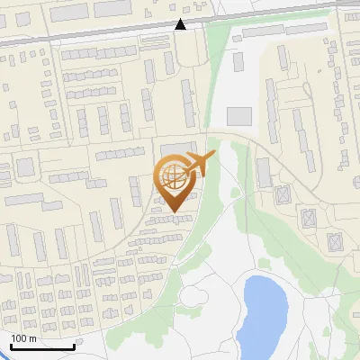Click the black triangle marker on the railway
coord(181,24)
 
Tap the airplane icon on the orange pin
coord(200,164)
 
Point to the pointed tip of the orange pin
coord(173,212)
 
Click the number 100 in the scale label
coord(19,338)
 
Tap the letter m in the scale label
coord(31,338)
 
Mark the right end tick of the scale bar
coord(74,346)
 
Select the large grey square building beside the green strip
coord(239,116)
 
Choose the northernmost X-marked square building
coord(283,193)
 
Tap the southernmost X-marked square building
coord(336,242)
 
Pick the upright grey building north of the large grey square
coord(238,62)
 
